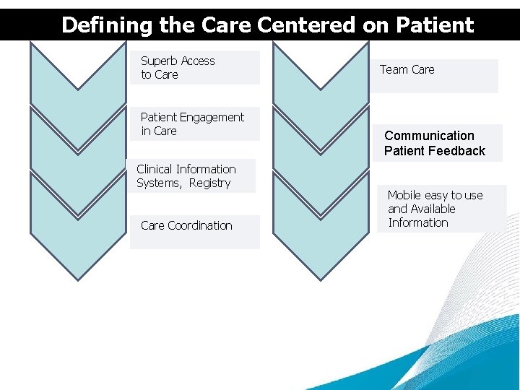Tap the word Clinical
pos(157,169)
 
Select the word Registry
pos(209,183)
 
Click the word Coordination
pos(200,225)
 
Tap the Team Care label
pos(407,69)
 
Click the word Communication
pos(429,136)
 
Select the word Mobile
pos(404,195)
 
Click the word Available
pos(433,209)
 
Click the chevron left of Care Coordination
pos(78,231)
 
